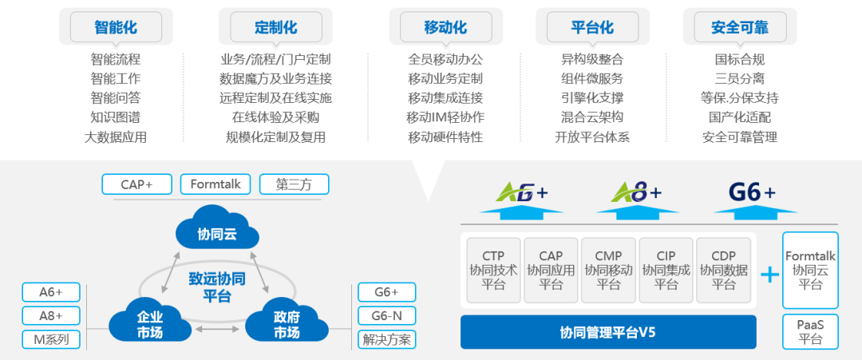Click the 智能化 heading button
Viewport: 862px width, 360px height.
(x=115, y=27)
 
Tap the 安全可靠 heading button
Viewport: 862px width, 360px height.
(x=739, y=27)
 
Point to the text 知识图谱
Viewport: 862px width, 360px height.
(x=115, y=117)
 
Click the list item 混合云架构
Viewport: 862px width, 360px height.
(x=592, y=117)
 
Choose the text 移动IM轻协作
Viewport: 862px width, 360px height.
(x=445, y=117)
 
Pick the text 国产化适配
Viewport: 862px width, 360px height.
(x=739, y=117)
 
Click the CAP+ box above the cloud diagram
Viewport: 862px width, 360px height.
(x=136, y=184)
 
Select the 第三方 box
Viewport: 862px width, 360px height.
(x=294, y=184)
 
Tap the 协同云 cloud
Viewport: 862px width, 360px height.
(x=218, y=232)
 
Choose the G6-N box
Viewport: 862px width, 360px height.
(x=386, y=315)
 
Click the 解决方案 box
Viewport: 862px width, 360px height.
(x=386, y=339)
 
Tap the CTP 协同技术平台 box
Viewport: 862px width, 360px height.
(x=493, y=270)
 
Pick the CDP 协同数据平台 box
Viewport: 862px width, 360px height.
(x=723, y=270)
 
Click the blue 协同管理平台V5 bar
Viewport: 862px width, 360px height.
(x=608, y=332)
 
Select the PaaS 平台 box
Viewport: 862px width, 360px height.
(x=810, y=332)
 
